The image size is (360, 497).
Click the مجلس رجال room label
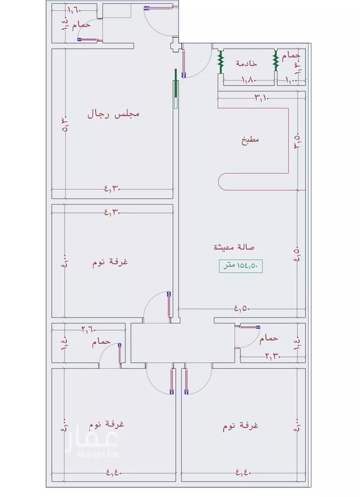tap(113, 114)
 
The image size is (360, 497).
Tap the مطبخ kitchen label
tap(250, 141)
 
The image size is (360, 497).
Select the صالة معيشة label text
tap(234, 247)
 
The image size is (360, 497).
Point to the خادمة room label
tap(246, 63)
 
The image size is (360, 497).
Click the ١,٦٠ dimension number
tap(74, 9)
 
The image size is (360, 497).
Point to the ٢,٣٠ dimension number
tap(273, 356)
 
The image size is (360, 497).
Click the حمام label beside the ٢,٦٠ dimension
tap(102, 341)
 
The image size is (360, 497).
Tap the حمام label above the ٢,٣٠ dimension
tap(268, 339)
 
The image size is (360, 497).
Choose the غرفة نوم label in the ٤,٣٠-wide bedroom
tap(110, 263)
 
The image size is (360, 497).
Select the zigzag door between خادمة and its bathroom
tap(276, 61)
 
